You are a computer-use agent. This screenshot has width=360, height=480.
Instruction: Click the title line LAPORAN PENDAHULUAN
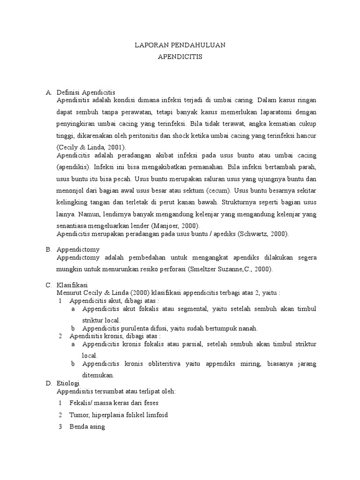[180, 45]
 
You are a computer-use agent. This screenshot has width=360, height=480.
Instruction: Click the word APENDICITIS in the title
[180, 57]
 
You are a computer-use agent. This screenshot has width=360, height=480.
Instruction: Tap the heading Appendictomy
[78, 249]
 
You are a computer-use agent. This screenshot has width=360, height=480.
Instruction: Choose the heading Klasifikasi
[72, 285]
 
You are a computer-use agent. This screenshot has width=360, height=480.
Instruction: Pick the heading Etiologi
[68, 383]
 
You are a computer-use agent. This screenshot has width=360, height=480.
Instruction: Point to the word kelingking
[72, 202]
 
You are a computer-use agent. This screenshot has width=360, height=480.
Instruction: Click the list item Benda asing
[87, 427]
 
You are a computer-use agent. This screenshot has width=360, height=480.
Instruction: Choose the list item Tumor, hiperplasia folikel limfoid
[118, 415]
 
